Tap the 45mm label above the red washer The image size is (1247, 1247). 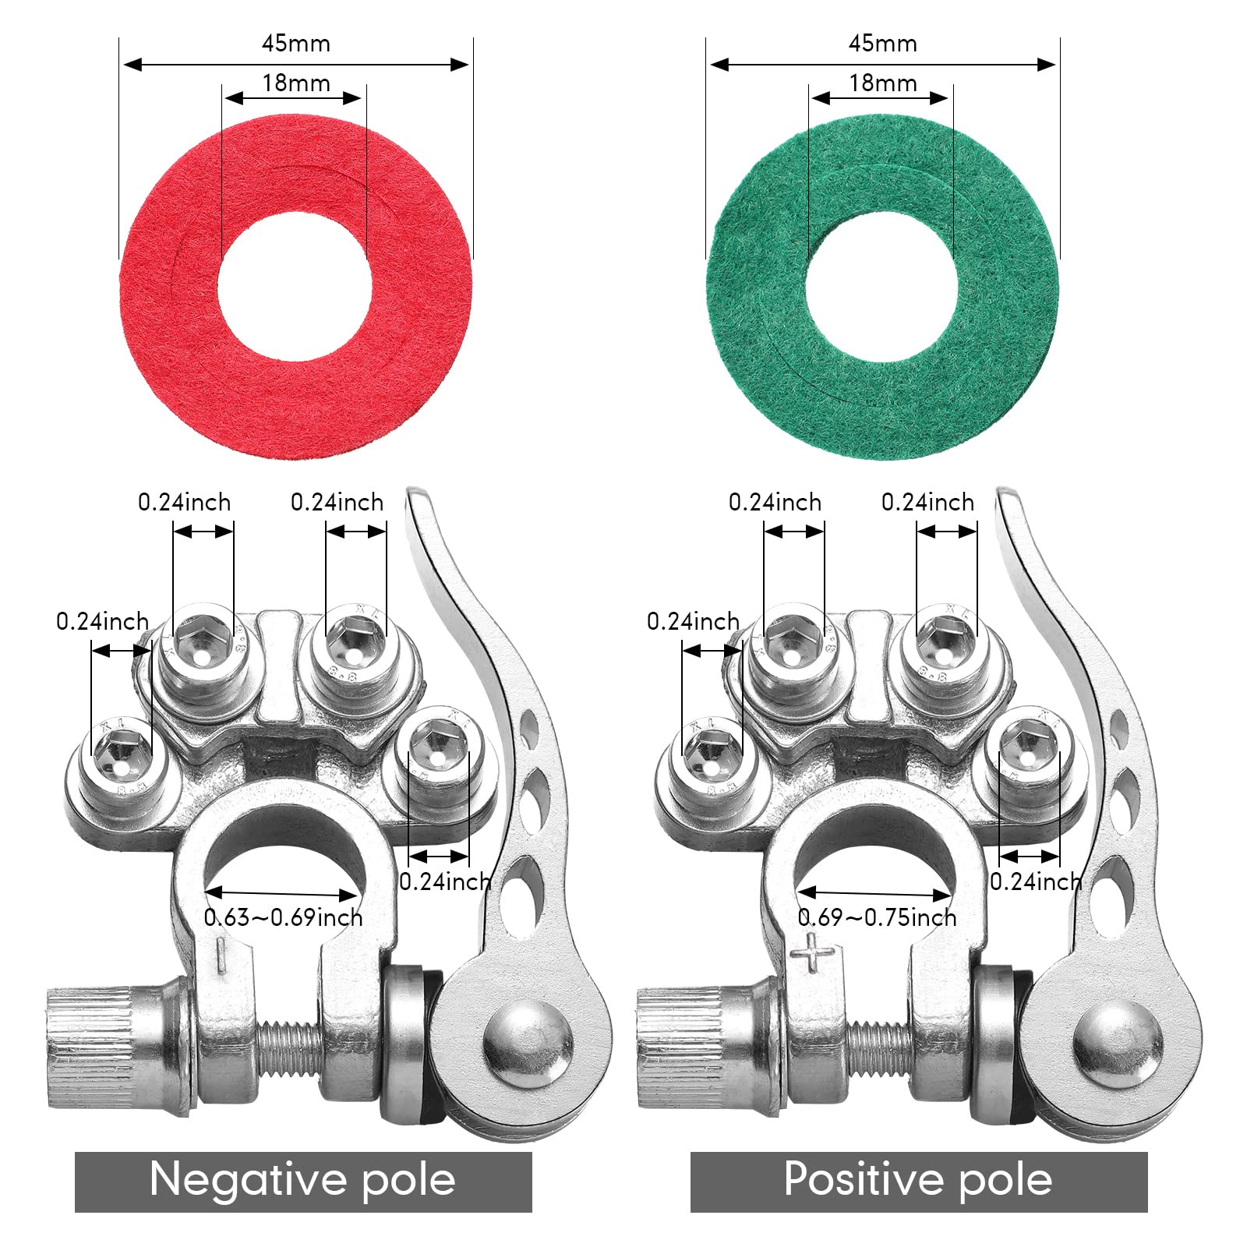[296, 43]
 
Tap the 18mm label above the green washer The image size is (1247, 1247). [883, 83]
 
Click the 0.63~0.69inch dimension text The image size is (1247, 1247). [284, 917]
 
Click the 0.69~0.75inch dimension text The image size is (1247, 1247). [878, 917]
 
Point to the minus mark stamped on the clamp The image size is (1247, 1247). [221, 955]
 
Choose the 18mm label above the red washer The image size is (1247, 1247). [296, 83]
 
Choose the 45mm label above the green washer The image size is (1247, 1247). [883, 43]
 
